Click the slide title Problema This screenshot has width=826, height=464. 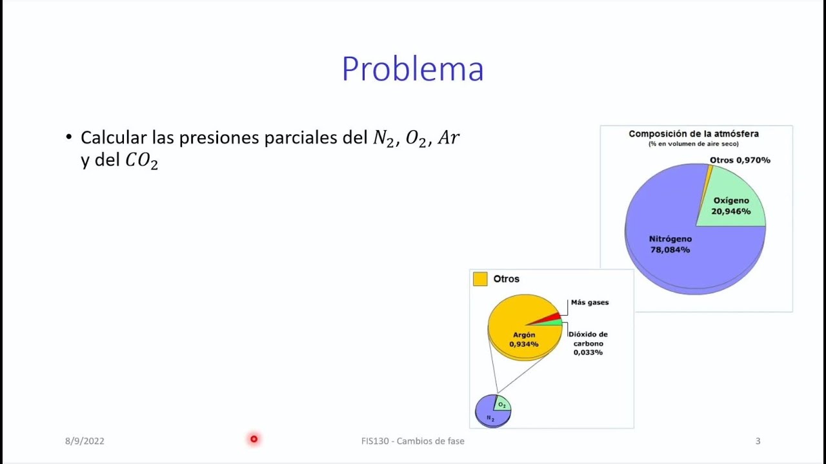412,69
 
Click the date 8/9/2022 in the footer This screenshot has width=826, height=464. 85,441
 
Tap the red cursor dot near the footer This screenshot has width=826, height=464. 254,439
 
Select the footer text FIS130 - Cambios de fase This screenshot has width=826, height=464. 412,441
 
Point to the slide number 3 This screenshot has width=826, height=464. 758,441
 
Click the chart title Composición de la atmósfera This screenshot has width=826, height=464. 694,134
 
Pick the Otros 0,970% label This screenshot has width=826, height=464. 740,160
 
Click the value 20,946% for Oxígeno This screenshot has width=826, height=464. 731,211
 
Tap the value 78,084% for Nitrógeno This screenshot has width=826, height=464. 669,249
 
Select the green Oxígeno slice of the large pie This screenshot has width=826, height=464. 736,193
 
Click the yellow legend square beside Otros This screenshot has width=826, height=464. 480,279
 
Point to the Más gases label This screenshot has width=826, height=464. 589,302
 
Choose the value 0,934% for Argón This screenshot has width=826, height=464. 524,344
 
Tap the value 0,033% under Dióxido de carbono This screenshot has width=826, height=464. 588,353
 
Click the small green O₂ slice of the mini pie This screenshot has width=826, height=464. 501,404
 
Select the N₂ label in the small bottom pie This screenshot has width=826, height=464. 490,418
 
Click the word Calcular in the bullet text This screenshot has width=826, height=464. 113,137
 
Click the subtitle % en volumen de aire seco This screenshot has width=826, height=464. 694,144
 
